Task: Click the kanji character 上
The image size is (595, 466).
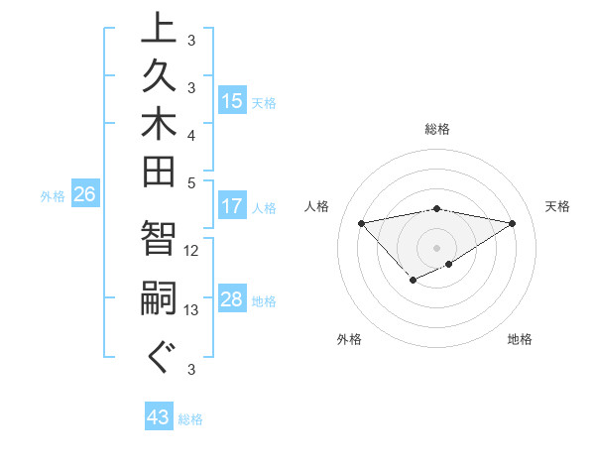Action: pos(159,28)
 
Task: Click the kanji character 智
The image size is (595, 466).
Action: pos(159,239)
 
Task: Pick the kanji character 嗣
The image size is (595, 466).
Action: pos(159,298)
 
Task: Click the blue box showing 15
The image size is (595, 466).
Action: pos(232,100)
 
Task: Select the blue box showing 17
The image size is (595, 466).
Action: pos(232,207)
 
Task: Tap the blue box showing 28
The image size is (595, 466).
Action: pos(232,299)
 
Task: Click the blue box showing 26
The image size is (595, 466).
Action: pos(84,195)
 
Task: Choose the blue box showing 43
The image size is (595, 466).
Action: pos(159,418)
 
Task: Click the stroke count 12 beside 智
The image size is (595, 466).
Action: pos(191,251)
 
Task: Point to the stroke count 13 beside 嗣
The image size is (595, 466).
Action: pos(191,310)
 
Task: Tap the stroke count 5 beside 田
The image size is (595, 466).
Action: pos(191,182)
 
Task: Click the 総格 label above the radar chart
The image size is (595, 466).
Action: pos(436,129)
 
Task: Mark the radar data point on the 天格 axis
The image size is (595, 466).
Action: pos(512,222)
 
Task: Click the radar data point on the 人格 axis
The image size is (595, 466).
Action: pos(361,222)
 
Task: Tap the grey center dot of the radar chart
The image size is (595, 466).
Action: pos(436,247)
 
